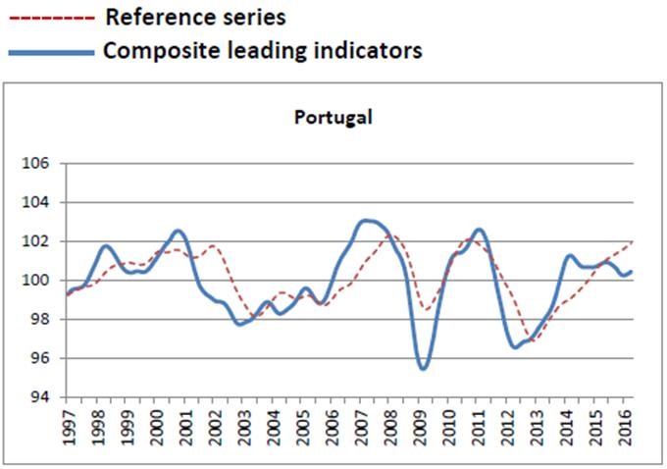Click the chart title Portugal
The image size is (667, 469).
[333, 118]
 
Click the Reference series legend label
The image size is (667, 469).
[195, 18]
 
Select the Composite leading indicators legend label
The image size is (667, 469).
[263, 51]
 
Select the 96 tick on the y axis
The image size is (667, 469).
[38, 359]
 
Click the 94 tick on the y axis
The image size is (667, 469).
[38, 397]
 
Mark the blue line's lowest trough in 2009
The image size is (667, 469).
[423, 369]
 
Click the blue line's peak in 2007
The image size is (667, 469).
[366, 221]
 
